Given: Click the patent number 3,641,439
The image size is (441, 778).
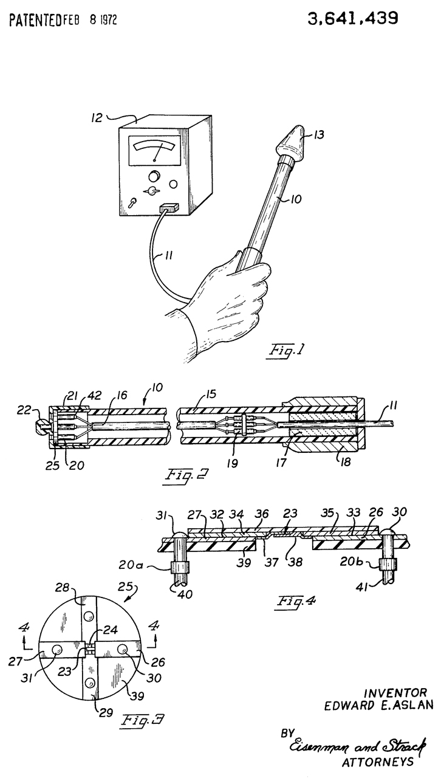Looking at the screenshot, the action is tap(352, 18).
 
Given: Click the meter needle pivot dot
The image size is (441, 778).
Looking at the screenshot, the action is tap(154, 160).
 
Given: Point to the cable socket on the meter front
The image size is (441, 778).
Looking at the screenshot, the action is tap(169, 208).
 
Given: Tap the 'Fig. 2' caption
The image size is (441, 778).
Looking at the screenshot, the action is tap(186, 475).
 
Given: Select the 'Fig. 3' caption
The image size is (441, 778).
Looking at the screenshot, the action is tap(142, 719).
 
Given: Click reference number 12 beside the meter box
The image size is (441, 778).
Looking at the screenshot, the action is tap(97, 118).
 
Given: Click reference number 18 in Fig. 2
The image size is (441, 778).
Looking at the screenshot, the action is tap(345, 461).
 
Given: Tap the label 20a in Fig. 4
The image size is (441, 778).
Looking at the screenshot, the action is tap(132, 565).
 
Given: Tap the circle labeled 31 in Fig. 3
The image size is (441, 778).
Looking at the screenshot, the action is tap(57, 649).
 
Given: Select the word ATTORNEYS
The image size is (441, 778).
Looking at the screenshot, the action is tap(378, 762).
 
